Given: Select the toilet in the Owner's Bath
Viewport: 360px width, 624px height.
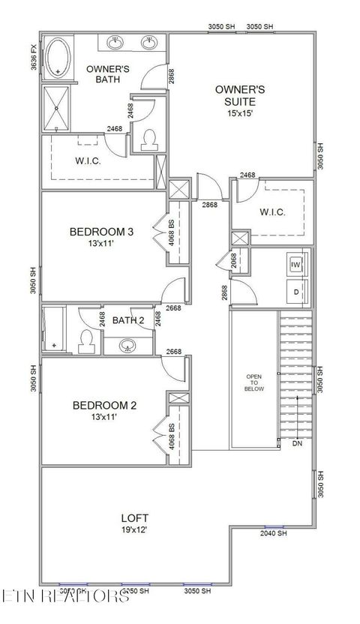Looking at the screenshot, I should point(148,139).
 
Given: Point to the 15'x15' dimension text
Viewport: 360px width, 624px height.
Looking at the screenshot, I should point(240,114).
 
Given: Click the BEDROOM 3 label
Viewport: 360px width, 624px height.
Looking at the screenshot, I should point(101,232).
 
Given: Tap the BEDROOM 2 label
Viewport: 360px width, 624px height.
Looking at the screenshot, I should point(104,406).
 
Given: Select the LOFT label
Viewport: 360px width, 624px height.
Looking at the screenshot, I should point(135,517).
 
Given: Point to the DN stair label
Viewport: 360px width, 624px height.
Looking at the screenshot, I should point(298,444).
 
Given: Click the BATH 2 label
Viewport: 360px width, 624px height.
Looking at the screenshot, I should point(128,321).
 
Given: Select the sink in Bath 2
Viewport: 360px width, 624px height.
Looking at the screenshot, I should point(128,346).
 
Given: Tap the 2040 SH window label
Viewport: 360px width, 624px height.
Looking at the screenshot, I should point(273,533).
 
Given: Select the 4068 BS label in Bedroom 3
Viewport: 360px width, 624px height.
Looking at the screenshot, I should point(172,234).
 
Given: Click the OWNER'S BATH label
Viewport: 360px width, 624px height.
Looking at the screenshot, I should point(108,74).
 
